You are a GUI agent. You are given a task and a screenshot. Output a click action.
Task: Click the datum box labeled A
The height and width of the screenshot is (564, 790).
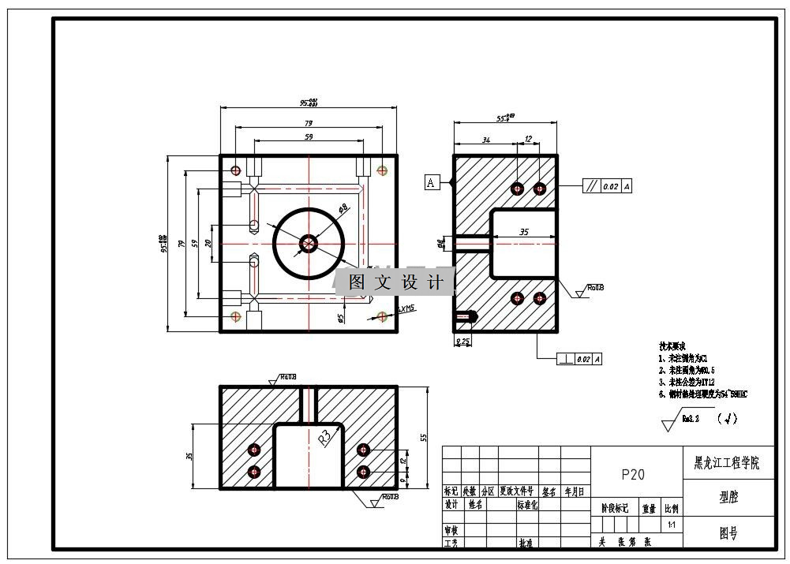pyautogui.click(x=431, y=183)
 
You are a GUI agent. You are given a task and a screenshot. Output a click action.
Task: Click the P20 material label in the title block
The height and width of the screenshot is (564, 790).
pyautogui.click(x=633, y=474)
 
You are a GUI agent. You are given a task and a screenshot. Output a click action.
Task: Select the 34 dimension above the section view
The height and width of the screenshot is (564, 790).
pyautogui.click(x=486, y=140)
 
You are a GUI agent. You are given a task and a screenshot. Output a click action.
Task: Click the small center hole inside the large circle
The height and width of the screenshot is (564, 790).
pyautogui.click(x=308, y=244)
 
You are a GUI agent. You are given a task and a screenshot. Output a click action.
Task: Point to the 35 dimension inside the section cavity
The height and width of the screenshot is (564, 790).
pyautogui.click(x=523, y=233)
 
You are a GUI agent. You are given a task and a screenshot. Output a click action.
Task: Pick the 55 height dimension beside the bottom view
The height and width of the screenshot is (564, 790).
pyautogui.click(x=423, y=437)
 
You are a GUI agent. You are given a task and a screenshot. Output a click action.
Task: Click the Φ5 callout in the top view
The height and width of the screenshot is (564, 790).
pyautogui.click(x=340, y=318)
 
